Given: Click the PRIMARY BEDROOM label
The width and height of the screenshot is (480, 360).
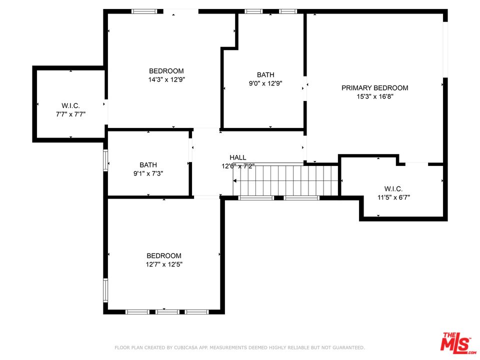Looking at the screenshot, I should point(374,88).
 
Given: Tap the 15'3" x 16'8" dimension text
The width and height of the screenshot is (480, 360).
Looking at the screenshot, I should point(374,97).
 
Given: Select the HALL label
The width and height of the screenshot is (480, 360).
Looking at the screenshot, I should point(237,157).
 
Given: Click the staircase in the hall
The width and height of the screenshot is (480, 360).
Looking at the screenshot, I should point(286,180).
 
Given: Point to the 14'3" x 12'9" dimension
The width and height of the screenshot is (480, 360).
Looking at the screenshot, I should point(166,79).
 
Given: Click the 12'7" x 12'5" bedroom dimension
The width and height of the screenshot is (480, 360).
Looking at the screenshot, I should point(163,264).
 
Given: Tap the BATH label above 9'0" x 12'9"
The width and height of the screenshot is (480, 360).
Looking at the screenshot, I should point(265,75).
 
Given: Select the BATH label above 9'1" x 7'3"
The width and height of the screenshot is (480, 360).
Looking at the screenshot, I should point(148,165).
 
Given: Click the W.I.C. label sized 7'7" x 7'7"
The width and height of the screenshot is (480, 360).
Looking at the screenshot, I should point(70,105).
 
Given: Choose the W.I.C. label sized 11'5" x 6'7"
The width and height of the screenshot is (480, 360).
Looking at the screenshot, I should point(393,188).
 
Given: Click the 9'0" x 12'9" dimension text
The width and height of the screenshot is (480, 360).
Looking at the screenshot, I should point(265,84).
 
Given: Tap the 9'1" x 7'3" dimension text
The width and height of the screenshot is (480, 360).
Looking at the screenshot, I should point(148,173).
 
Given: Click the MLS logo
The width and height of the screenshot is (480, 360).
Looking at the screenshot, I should point(455,343).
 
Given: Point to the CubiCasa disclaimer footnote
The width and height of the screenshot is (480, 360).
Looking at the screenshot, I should point(239,347).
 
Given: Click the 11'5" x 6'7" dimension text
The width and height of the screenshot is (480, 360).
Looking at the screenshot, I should point(393,197).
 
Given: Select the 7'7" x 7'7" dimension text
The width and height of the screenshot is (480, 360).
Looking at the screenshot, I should point(70,114).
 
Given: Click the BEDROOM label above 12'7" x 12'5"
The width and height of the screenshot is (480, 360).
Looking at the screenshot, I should point(163,255).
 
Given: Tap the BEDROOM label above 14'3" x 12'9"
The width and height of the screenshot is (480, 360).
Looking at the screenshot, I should point(166,71).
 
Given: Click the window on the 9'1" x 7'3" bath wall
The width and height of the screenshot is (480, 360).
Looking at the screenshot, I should point(105,160).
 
